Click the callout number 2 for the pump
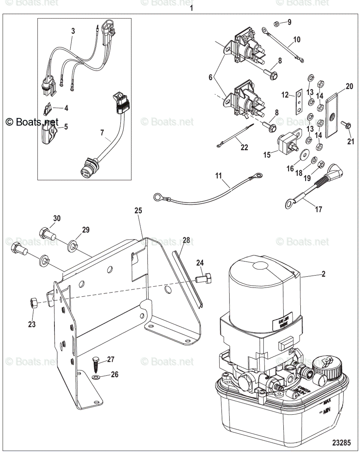(323, 274)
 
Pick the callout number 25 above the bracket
(138, 211)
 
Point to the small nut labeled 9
(276, 24)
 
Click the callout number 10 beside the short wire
(297, 39)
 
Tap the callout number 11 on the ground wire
(218, 176)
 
